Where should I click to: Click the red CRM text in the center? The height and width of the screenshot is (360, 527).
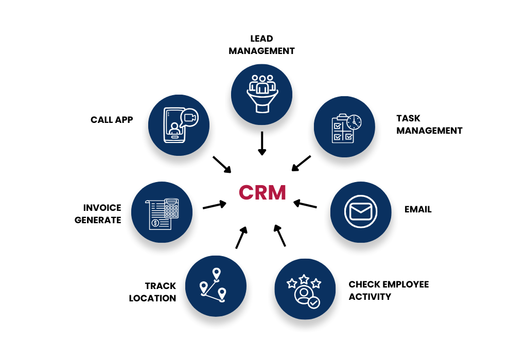pos(262,193)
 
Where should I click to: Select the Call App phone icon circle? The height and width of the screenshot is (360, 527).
pos(179,125)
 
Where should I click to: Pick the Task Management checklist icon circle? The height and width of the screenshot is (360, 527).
pos(344,127)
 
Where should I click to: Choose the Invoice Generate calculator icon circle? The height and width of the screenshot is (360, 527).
pos(162,211)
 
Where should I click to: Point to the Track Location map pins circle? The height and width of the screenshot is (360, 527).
pos(215,286)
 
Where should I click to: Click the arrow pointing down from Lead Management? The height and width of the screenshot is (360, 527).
pos(262,143)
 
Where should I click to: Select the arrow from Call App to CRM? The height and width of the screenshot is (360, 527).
pos(222,164)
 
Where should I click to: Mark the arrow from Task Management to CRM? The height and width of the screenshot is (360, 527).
pos(301,163)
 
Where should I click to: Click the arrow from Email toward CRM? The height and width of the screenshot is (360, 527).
pos(305,204)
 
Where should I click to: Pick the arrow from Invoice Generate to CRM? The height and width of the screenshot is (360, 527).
pos(215,205)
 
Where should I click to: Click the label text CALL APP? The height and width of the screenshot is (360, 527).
pos(112,120)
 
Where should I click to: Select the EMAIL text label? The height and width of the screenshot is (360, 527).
pos(418,209)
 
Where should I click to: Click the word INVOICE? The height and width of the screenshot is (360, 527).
pos(102,208)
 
